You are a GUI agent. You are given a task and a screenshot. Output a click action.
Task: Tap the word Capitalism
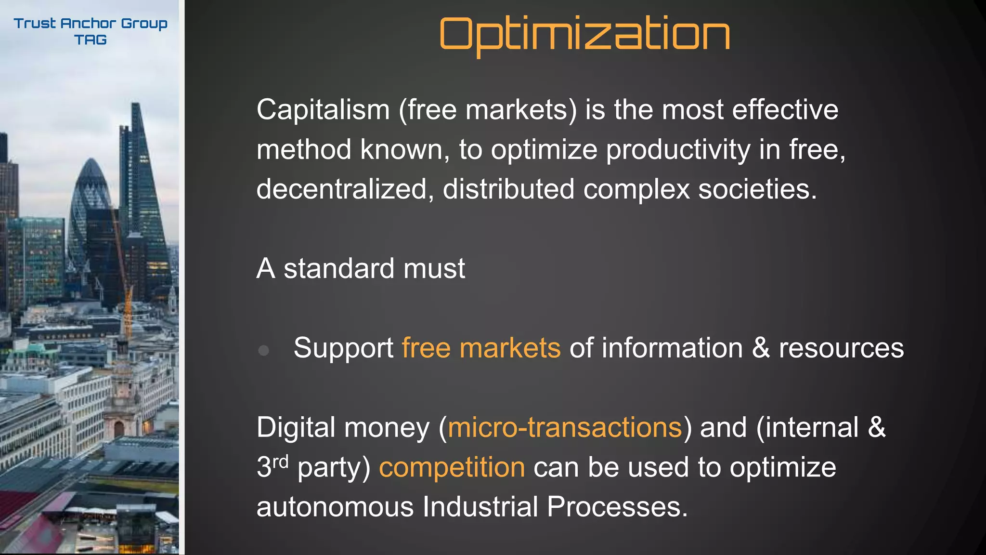[323, 110]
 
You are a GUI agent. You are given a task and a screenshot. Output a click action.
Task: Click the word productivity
[678, 150]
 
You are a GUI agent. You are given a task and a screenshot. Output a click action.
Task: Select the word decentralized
[341, 189]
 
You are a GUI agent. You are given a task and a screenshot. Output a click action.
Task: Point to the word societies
[757, 189]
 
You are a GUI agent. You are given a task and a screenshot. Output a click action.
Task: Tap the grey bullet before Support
[263, 350]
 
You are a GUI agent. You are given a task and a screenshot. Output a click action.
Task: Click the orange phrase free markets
[481, 348]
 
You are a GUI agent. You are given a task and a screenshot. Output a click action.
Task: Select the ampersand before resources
[761, 348]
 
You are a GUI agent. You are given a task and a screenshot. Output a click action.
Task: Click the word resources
[841, 348]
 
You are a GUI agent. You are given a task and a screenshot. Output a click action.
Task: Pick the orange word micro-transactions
[565, 427]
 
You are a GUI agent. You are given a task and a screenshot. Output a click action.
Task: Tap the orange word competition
[452, 467]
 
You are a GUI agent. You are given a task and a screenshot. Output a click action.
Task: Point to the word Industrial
[480, 507]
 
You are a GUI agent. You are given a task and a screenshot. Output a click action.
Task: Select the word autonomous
[335, 507]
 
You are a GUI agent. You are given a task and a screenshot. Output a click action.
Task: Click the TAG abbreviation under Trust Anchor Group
[91, 40]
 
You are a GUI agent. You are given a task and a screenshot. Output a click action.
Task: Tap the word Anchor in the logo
[89, 23]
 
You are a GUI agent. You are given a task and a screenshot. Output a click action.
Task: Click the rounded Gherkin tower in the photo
[91, 207]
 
